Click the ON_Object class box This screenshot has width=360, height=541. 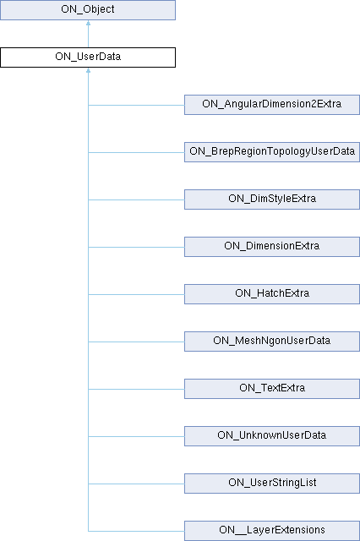coord(88,9)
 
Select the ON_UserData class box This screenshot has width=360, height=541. coord(88,57)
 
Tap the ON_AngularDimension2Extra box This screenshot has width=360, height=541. coord(272,105)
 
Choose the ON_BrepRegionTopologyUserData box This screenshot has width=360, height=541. coord(272,152)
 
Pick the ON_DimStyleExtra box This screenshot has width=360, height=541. coord(272,199)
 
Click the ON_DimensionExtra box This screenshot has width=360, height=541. coord(272,246)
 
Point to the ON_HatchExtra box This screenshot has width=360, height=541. coord(272,294)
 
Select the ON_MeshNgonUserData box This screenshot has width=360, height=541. coord(272,342)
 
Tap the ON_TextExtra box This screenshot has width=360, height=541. coord(272,389)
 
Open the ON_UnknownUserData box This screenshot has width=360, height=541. coord(272,436)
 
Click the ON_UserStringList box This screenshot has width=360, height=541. coord(272,483)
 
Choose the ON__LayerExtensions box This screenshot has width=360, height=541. coord(272,531)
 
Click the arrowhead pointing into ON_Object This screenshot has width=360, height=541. coord(88,23)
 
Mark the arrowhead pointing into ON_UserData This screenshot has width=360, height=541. coord(88,70)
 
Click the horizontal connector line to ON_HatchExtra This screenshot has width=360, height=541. coord(137,294)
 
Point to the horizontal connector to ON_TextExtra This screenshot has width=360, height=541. coord(137,389)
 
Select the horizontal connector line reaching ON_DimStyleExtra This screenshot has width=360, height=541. coord(137,199)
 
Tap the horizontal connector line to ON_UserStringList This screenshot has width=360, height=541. coord(137,484)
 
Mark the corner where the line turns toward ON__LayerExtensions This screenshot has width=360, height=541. coord(88,531)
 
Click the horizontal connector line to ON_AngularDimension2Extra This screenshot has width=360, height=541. coord(137,105)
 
